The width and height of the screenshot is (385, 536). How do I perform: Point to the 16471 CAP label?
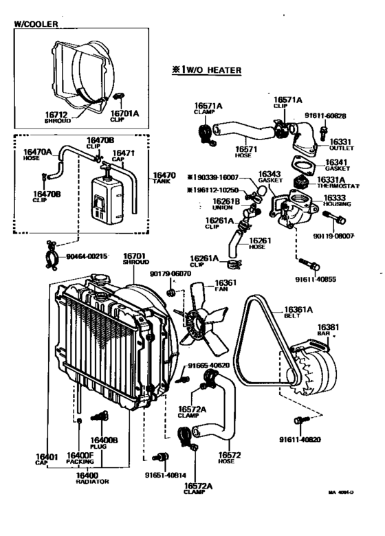pos(123,156)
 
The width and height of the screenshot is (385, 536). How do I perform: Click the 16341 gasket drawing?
pos(302,166)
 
